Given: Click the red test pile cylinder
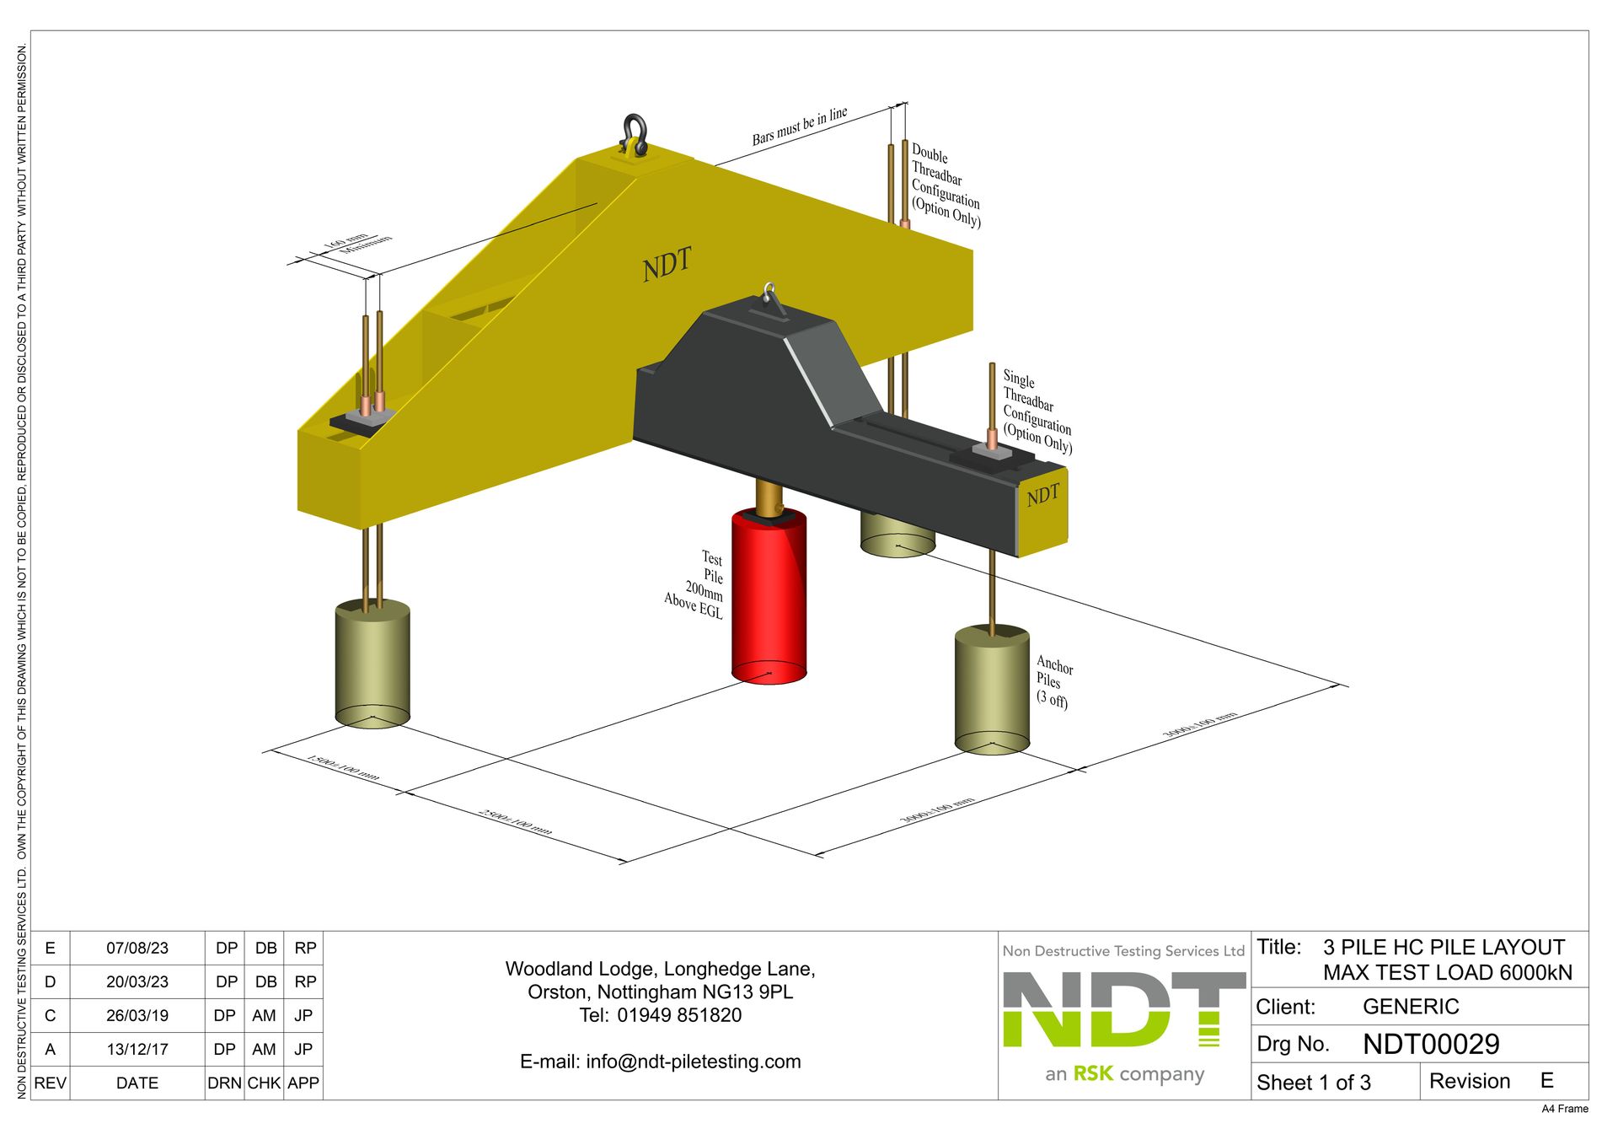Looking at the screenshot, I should pos(769,599).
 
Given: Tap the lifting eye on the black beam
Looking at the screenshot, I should pos(769,294).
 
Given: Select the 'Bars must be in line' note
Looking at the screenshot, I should pos(799,126).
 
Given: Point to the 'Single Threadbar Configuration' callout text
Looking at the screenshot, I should pos(1036,411).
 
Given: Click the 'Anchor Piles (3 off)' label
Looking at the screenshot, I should pos(1053,682).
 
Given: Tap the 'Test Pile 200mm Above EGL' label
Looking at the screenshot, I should pos(696,583).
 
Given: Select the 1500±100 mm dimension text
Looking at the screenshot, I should pos(343,766).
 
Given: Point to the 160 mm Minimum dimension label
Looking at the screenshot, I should pos(357,243).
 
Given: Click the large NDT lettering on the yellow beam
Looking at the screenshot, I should pos(667,264).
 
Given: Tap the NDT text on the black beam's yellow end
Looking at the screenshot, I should pos(1042,495).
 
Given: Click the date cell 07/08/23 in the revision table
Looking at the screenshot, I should pos(137,948).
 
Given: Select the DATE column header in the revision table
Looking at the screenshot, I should pos(137,1083).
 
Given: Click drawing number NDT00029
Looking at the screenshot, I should pos(1430,1044).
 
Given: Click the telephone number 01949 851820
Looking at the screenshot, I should pos(679,1015).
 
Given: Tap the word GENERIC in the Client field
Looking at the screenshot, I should pos(1410,1007).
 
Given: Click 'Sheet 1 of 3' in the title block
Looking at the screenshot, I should pos(1313,1082).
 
